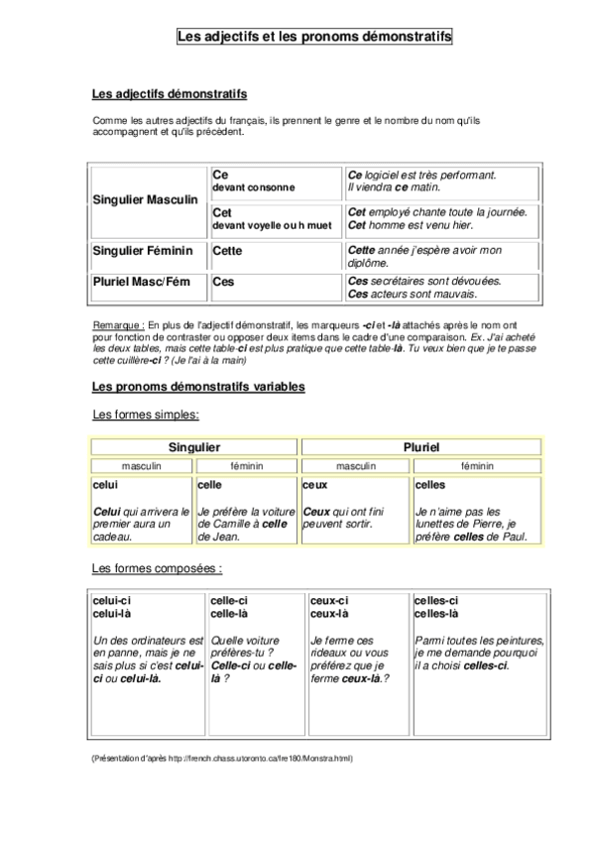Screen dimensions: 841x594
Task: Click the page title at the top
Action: coord(313,37)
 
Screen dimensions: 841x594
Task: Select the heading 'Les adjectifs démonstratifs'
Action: coord(169,94)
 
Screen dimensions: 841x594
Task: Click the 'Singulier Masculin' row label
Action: coord(145,199)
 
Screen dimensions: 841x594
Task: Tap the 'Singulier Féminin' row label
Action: coord(142,251)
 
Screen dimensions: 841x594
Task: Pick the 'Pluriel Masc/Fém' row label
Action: coord(141,282)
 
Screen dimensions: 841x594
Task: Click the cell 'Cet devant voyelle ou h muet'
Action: coord(275,218)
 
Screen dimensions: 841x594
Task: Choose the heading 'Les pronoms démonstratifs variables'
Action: coord(198,385)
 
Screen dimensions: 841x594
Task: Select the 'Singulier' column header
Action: coord(194,447)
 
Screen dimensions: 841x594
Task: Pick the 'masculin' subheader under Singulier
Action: coord(142,464)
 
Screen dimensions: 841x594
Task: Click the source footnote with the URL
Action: coord(221,759)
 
